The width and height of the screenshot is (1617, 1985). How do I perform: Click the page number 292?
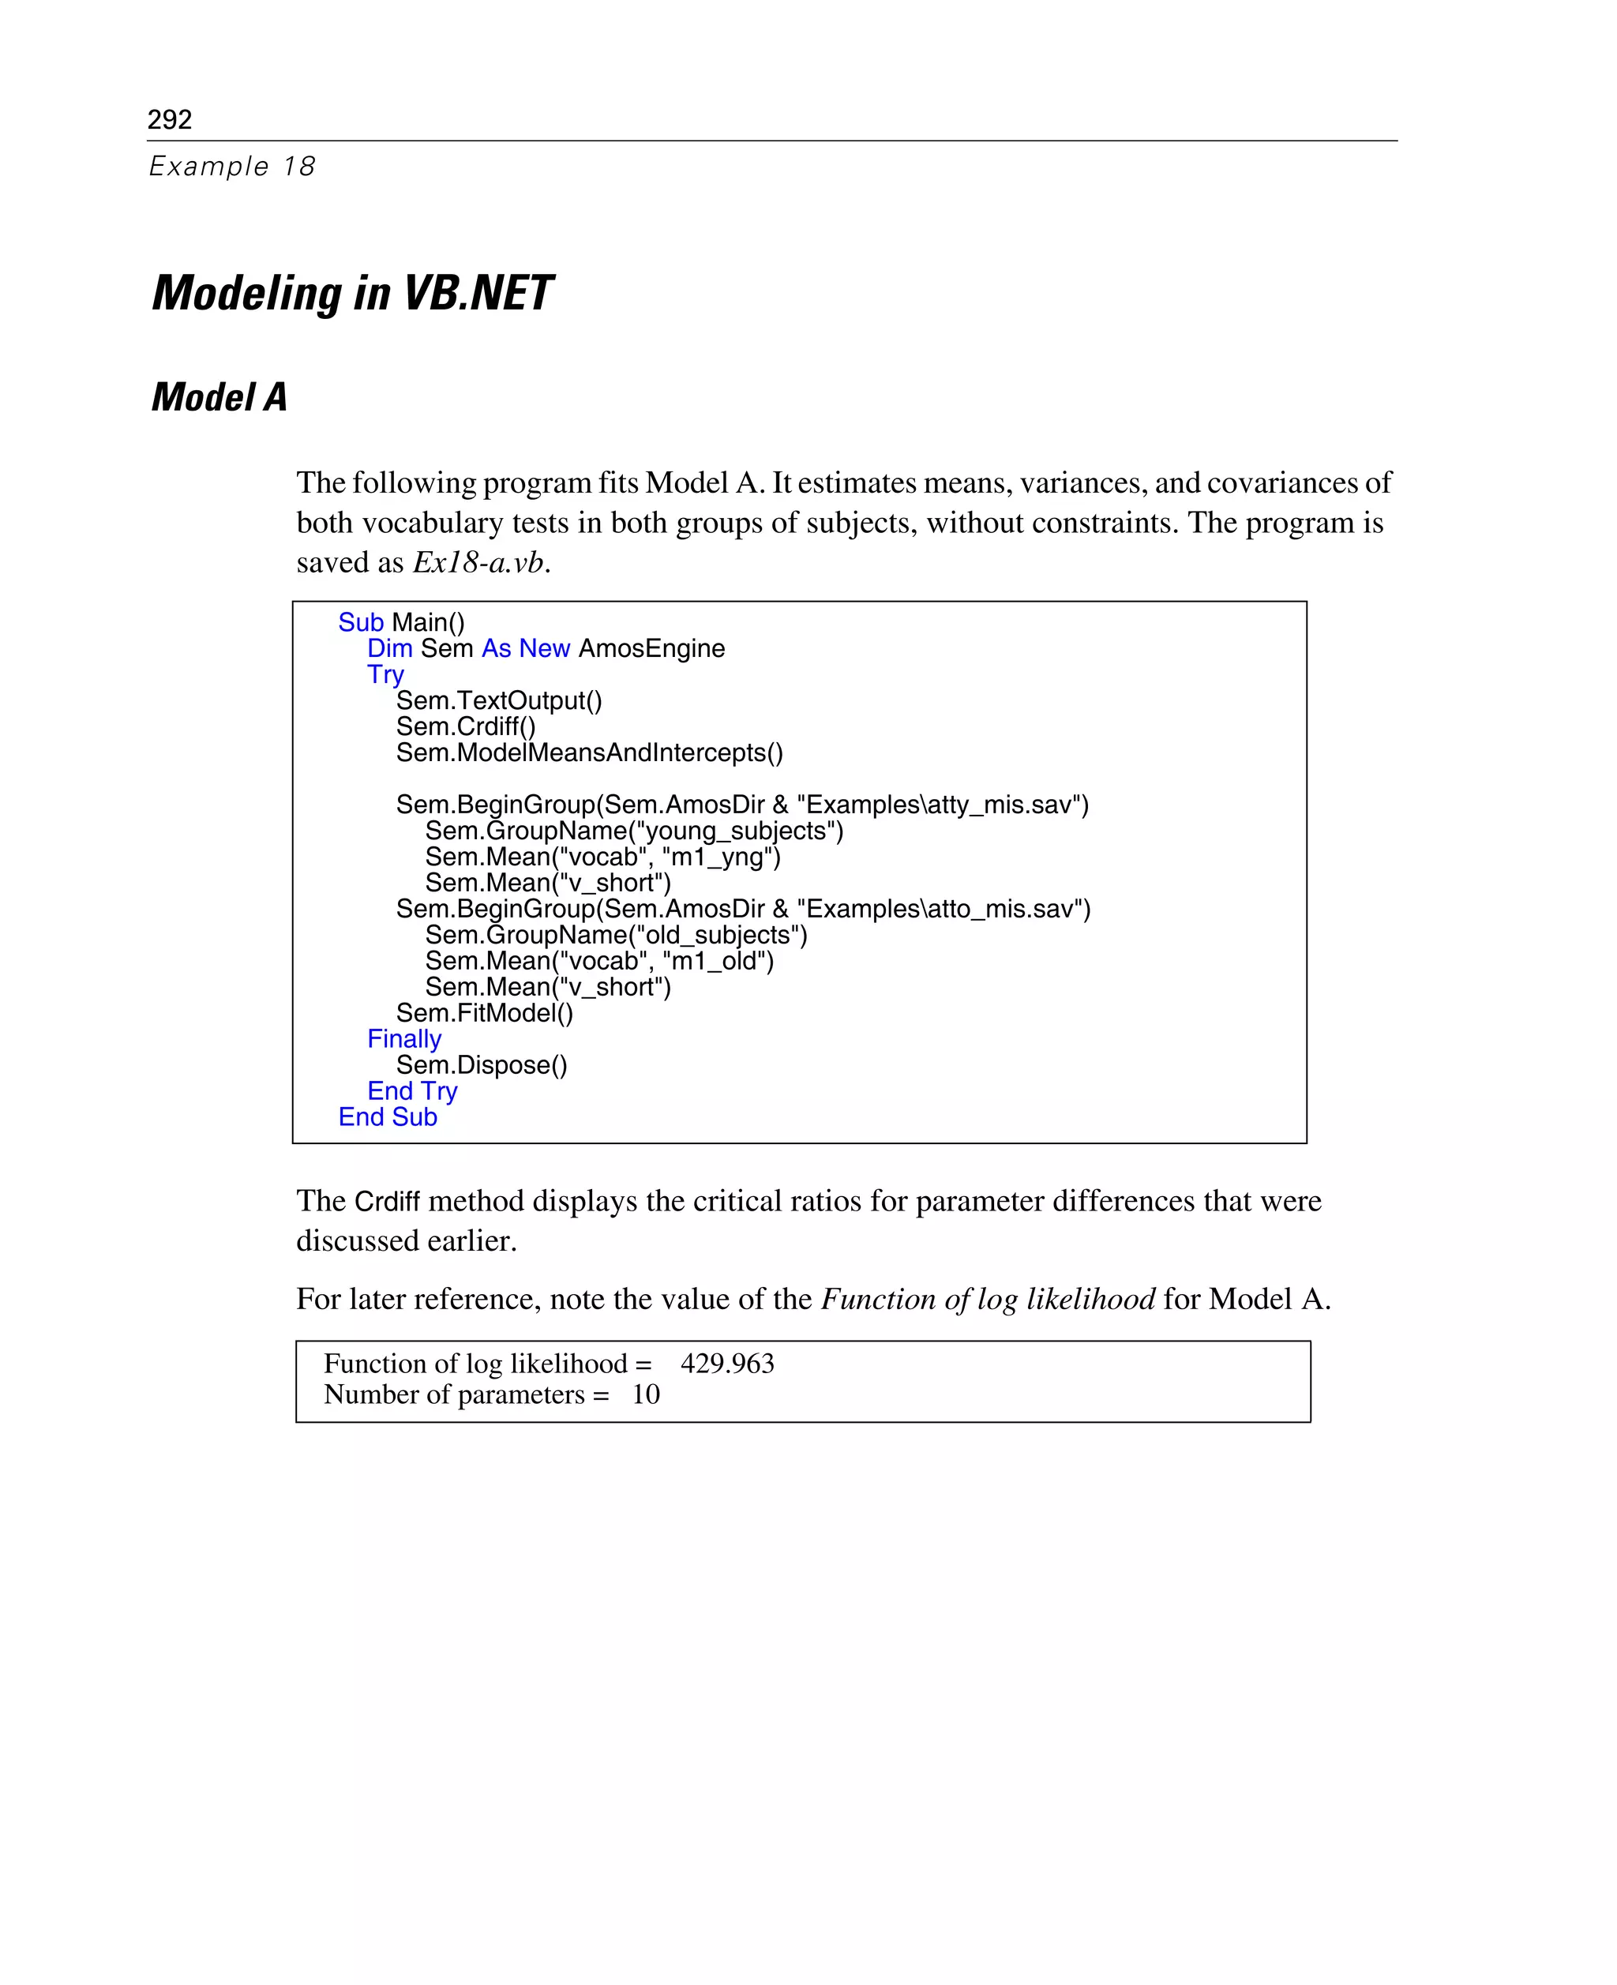coord(170,119)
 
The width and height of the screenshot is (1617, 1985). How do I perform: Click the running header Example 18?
coord(232,167)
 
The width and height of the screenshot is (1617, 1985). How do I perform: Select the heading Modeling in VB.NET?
coord(352,294)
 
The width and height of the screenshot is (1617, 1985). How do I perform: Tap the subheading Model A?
coord(219,398)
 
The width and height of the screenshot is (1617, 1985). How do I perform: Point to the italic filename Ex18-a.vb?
coord(478,563)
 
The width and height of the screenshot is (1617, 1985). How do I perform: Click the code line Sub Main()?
coord(400,622)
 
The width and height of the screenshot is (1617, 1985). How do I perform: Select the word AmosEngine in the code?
coord(651,648)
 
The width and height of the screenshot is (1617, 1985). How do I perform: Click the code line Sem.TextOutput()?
coord(498,700)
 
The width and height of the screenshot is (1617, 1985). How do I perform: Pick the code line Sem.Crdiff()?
coord(465,726)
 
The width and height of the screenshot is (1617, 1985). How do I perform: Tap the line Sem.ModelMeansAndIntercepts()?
coord(589,752)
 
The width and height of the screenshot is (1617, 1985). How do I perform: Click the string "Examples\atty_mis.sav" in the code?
coord(942,805)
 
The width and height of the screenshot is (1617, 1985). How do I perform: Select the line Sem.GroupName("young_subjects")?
coord(633,831)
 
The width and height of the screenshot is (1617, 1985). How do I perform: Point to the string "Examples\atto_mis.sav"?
coord(943,909)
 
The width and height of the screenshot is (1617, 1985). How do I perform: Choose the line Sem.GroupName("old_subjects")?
coord(616,935)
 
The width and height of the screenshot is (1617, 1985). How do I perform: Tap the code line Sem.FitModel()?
coord(484,1014)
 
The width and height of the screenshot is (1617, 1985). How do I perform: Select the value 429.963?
coord(726,1364)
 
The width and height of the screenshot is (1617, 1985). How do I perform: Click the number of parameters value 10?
coord(646,1394)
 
